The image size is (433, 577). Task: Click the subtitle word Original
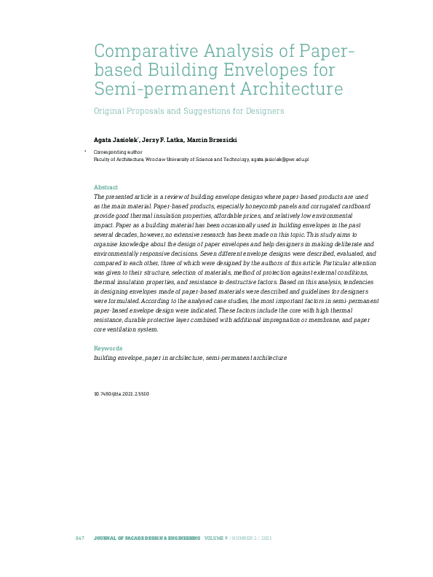coord(112,111)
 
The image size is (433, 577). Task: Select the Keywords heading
coord(108,348)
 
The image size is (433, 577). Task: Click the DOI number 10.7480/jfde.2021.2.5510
coord(122,393)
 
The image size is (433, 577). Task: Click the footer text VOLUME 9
coord(216,538)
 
